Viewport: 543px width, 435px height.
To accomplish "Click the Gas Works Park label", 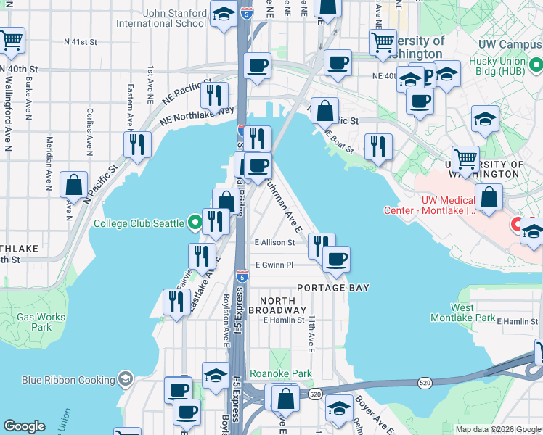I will (35, 322).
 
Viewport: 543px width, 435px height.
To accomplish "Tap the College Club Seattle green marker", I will (194, 223).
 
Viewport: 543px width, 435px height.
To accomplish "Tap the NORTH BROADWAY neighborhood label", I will (272, 305).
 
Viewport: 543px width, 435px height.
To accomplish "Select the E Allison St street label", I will (274, 243).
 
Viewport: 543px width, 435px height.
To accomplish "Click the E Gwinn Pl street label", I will (273, 265).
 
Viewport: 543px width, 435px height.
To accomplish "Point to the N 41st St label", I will (80, 42).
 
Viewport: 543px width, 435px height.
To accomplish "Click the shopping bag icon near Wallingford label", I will (73, 186).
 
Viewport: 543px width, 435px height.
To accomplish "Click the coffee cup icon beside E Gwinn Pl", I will (335, 259).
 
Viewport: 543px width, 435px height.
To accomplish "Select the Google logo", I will (24, 426).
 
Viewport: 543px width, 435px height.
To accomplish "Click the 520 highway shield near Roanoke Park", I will (314, 394).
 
